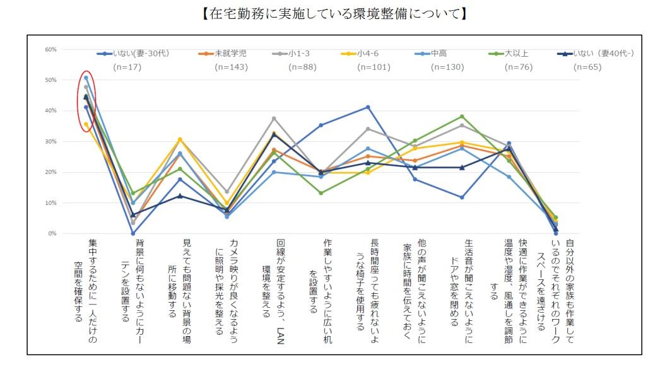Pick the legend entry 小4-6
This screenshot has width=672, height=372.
pos(368,54)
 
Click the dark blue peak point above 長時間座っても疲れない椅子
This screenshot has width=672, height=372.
pos(368,107)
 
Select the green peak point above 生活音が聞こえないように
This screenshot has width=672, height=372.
pos(462,117)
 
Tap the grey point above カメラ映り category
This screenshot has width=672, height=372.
pos(227,192)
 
